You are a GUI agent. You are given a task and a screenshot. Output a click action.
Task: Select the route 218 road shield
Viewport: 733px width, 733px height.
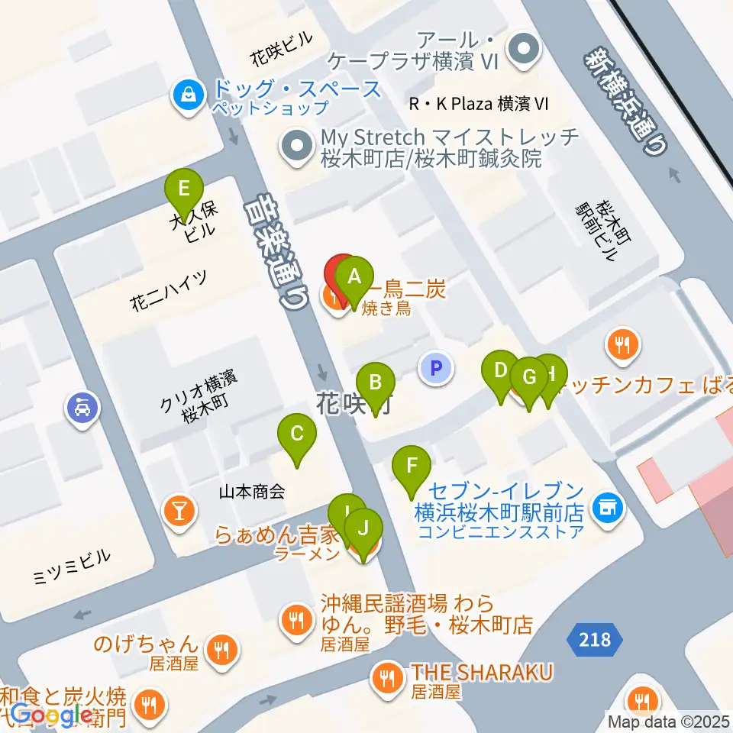tap(595, 638)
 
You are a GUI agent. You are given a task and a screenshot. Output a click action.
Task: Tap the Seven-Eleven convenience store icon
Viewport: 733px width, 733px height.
tap(609, 505)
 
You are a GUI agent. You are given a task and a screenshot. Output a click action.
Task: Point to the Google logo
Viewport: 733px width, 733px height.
tap(51, 715)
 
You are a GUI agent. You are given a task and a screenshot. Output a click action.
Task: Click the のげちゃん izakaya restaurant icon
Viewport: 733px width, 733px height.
tap(222, 650)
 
